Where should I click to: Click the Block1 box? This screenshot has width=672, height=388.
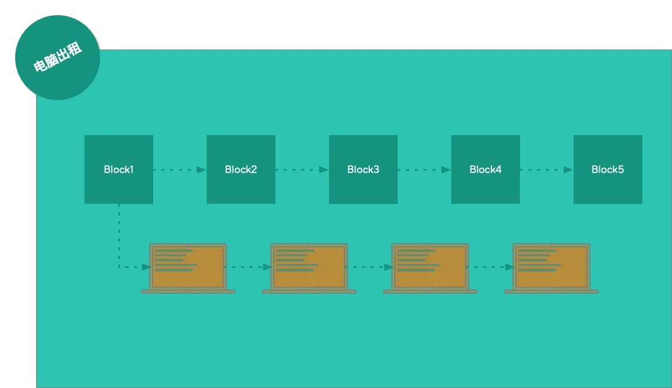click(119, 170)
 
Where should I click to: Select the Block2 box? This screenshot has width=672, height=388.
click(241, 170)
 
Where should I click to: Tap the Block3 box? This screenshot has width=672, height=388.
click(363, 170)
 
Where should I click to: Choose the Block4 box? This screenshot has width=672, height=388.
click(486, 170)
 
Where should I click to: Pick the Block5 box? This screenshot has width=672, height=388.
click(608, 170)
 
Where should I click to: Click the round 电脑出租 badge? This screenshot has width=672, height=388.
click(58, 58)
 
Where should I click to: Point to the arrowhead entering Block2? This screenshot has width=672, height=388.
click(201, 170)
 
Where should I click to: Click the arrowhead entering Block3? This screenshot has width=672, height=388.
click(324, 170)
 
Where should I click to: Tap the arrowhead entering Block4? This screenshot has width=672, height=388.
click(446, 170)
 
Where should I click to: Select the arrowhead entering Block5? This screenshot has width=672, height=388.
click(568, 170)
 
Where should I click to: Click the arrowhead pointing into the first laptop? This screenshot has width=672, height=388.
click(146, 267)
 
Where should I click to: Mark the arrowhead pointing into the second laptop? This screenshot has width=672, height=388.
click(267, 267)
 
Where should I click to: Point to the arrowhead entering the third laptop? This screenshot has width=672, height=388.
click(388, 267)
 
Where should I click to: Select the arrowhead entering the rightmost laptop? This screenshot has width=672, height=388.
click(510, 267)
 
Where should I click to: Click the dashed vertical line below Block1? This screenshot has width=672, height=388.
click(119, 233)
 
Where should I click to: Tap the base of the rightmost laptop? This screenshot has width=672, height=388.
click(551, 291)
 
